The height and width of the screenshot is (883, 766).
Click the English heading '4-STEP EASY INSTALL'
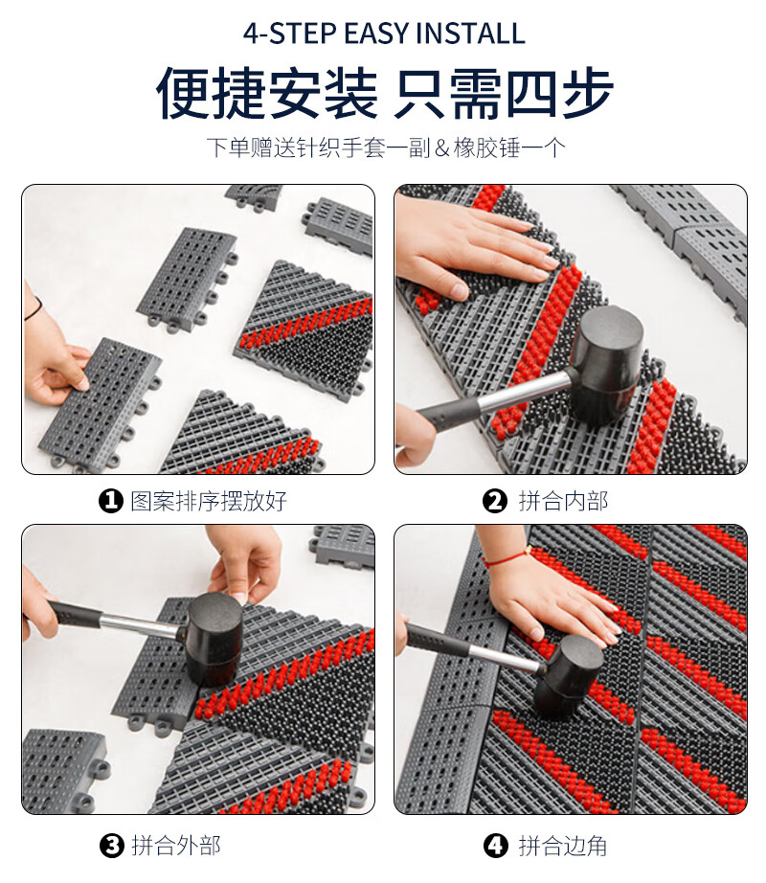pyautogui.click(x=384, y=34)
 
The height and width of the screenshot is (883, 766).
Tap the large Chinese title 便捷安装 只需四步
pyautogui.click(x=384, y=93)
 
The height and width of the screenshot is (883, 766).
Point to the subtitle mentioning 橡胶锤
pyautogui.click(x=386, y=147)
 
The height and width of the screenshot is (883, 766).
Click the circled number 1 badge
pyautogui.click(x=111, y=501)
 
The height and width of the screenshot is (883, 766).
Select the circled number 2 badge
pyautogui.click(x=495, y=501)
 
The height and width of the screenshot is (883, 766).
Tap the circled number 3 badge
pyautogui.click(x=111, y=846)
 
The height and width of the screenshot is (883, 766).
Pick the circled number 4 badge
pyautogui.click(x=495, y=846)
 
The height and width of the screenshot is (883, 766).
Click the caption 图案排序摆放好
pyautogui.click(x=209, y=501)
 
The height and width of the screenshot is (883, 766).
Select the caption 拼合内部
pyautogui.click(x=563, y=501)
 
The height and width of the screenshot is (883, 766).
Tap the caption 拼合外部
pyautogui.click(x=176, y=846)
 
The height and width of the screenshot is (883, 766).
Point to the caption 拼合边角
pyautogui.click(x=563, y=846)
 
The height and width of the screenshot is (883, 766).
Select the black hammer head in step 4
pyautogui.click(x=568, y=676)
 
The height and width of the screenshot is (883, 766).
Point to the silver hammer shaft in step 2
pyautogui.click(x=527, y=390)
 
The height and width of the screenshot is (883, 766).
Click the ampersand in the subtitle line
pyautogui.click(x=443, y=148)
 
